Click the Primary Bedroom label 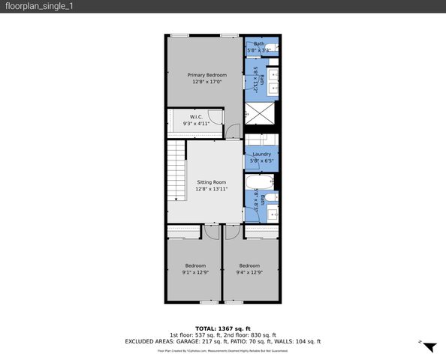[206, 75]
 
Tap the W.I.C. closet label [196, 117]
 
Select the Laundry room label [262, 154]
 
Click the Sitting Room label [211, 182]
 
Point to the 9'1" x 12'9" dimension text [196, 272]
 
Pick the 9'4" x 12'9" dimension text [249, 272]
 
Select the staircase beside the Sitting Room [176, 172]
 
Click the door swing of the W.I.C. [215, 117]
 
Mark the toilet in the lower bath [273, 198]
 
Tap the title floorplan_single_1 [40, 6]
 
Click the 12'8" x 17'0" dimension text [206, 82]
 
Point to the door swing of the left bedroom [211, 232]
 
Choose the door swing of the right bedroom [231, 232]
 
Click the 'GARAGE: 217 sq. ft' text [198, 341]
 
